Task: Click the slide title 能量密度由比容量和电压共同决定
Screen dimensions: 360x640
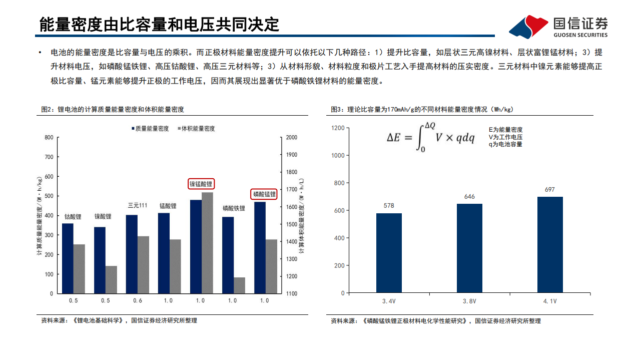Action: pyautogui.click(x=159, y=24)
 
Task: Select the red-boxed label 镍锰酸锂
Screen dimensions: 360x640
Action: pyautogui.click(x=201, y=184)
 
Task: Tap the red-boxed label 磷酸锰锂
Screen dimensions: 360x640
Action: pyautogui.click(x=264, y=194)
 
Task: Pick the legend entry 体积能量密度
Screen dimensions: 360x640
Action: pyautogui.click(x=196, y=129)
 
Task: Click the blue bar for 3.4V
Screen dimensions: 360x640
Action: pyautogui.click(x=389, y=253)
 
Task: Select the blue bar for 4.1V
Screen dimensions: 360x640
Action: pyautogui.click(x=550, y=245)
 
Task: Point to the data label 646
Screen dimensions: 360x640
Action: pyautogui.click(x=469, y=197)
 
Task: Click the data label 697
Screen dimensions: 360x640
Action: pyautogui.click(x=550, y=190)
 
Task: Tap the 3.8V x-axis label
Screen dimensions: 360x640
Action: pyautogui.click(x=469, y=301)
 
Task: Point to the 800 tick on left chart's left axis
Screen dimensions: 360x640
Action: pyautogui.click(x=48, y=137)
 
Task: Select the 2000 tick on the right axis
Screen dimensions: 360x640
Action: pyautogui.click(x=291, y=137)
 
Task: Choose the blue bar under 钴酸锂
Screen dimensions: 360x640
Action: pyautogui.click(x=68, y=258)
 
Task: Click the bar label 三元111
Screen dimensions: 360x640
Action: pyautogui.click(x=137, y=205)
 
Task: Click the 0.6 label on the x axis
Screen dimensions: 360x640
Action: pyautogui.click(x=137, y=300)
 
